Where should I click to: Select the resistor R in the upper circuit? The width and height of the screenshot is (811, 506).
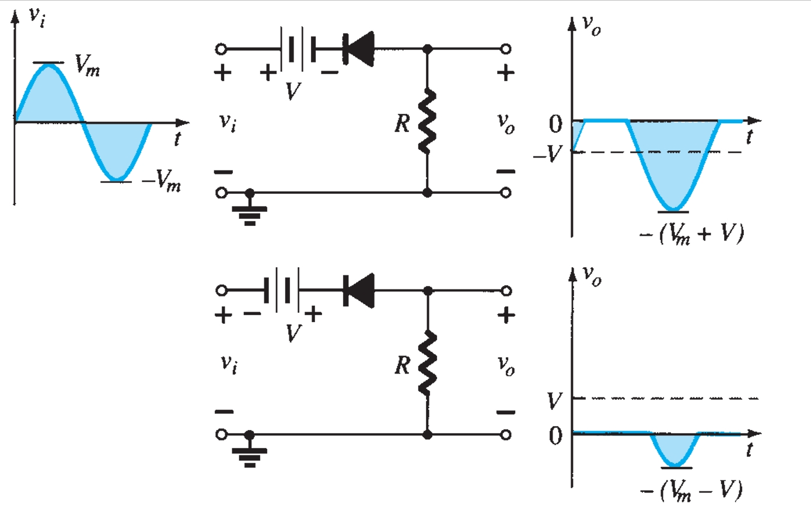coord(428,121)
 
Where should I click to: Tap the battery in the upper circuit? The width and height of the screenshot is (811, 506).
coord(298,48)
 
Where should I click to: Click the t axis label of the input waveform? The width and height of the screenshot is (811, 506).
coord(176,139)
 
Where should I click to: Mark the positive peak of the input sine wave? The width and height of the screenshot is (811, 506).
coord(48,65)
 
